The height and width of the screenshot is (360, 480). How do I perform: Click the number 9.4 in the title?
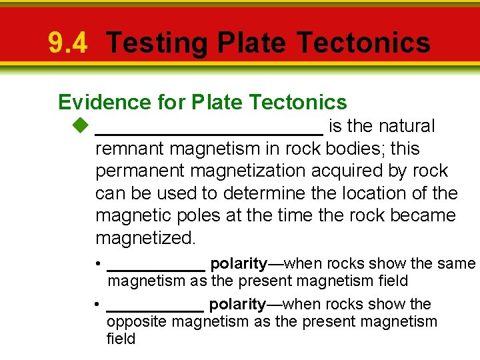pyautogui.click(x=67, y=43)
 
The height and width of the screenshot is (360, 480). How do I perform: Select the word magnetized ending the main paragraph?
pyautogui.click(x=146, y=238)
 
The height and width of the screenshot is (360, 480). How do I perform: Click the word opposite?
pyautogui.click(x=136, y=322)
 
